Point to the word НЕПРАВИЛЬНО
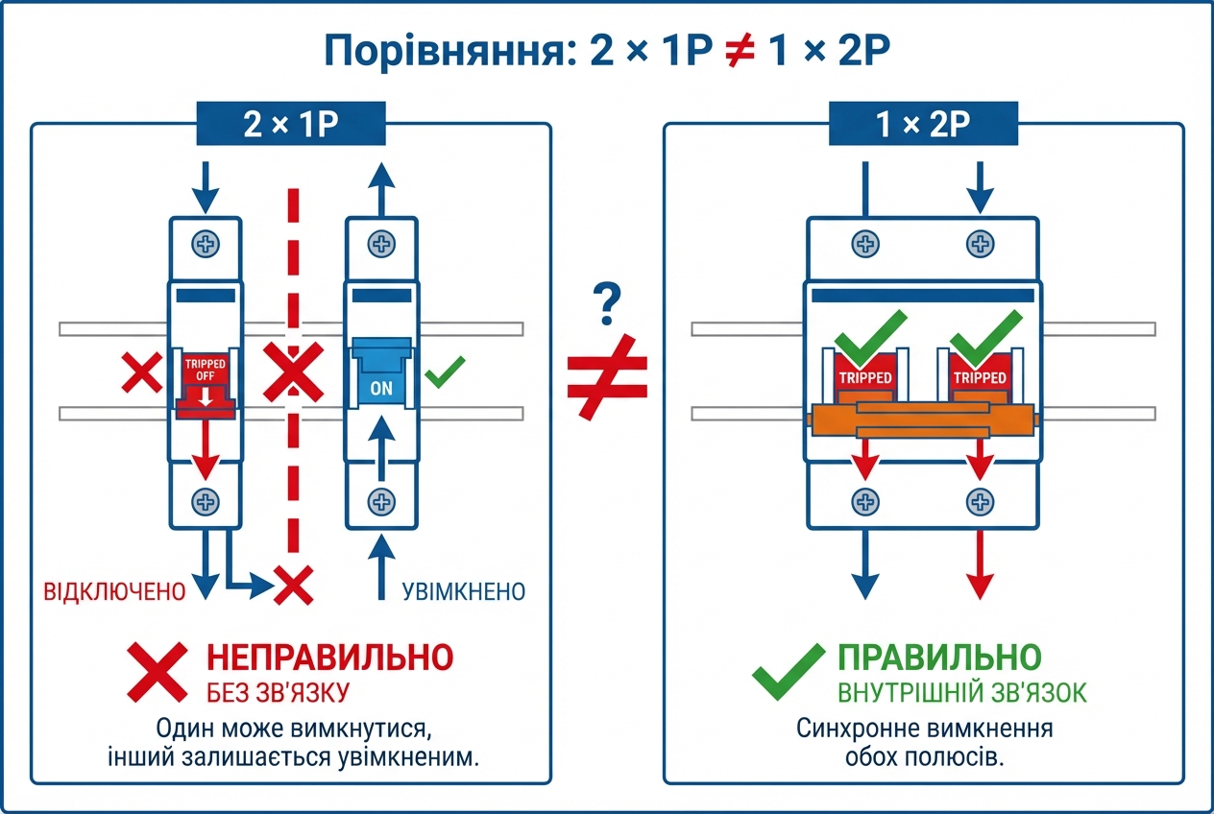click(x=330, y=658)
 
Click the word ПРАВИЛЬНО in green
click(x=939, y=658)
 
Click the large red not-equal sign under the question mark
click(x=606, y=378)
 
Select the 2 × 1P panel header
click(x=290, y=125)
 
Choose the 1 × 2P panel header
click(x=922, y=125)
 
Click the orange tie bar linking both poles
click(x=922, y=419)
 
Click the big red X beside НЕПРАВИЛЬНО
click(x=158, y=671)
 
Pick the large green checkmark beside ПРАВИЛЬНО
click(x=788, y=671)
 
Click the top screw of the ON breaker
click(x=381, y=244)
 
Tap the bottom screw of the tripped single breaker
click(x=205, y=500)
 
